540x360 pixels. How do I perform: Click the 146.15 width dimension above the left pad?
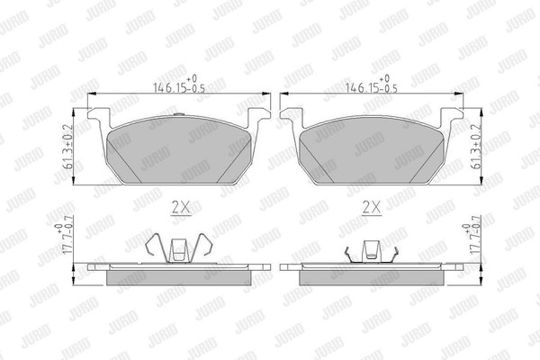point(179,85)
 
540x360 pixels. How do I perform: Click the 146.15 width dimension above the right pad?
point(371,85)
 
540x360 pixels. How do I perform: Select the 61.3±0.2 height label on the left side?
point(67,147)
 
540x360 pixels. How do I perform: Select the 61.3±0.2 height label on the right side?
point(477,147)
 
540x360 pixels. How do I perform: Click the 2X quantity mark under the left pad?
point(181,208)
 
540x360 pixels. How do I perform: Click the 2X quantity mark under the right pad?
point(372,208)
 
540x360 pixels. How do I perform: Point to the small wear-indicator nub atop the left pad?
point(179,114)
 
